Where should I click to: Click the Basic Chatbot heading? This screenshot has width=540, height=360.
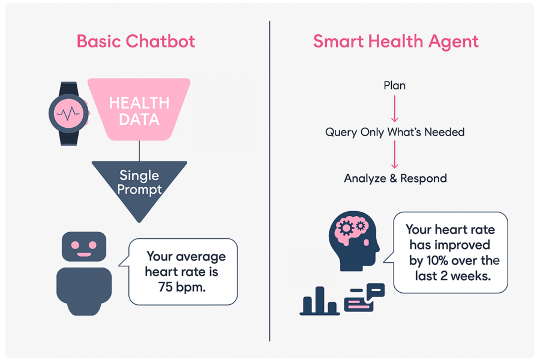(x=136, y=41)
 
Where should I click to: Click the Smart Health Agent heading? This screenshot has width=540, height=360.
(x=395, y=41)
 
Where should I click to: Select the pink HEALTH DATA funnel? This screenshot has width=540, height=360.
(x=139, y=110)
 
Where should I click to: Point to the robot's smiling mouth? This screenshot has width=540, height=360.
(x=84, y=254)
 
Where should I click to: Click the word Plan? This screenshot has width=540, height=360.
(x=394, y=86)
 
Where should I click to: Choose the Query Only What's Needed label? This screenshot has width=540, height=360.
(x=394, y=132)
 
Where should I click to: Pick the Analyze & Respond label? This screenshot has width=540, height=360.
(x=395, y=178)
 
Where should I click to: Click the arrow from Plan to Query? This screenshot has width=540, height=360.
(x=394, y=108)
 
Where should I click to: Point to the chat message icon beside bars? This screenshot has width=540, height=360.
(x=364, y=297)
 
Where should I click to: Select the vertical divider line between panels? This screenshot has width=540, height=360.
(x=269, y=180)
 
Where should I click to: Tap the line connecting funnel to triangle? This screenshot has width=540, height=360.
(x=139, y=151)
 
